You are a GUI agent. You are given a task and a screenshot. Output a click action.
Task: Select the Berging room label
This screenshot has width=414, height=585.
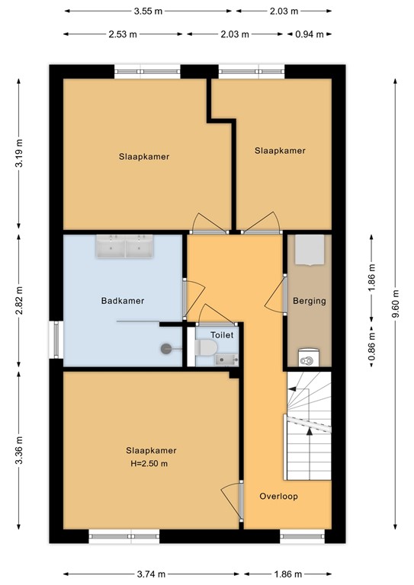309,301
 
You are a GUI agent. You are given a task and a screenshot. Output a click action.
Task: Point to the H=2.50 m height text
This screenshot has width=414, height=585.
148,463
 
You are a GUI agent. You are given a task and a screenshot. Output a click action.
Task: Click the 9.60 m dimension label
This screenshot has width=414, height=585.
395,301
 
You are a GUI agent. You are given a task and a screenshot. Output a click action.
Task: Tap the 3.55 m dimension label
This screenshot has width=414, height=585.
148,11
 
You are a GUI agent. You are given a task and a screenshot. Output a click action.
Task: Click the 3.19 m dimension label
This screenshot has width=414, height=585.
20,157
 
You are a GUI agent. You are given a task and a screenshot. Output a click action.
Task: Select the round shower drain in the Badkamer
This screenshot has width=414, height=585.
165,349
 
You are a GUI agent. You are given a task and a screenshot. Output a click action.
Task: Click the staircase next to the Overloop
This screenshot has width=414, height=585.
309,427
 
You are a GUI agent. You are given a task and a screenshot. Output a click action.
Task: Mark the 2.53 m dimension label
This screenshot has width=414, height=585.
123,34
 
